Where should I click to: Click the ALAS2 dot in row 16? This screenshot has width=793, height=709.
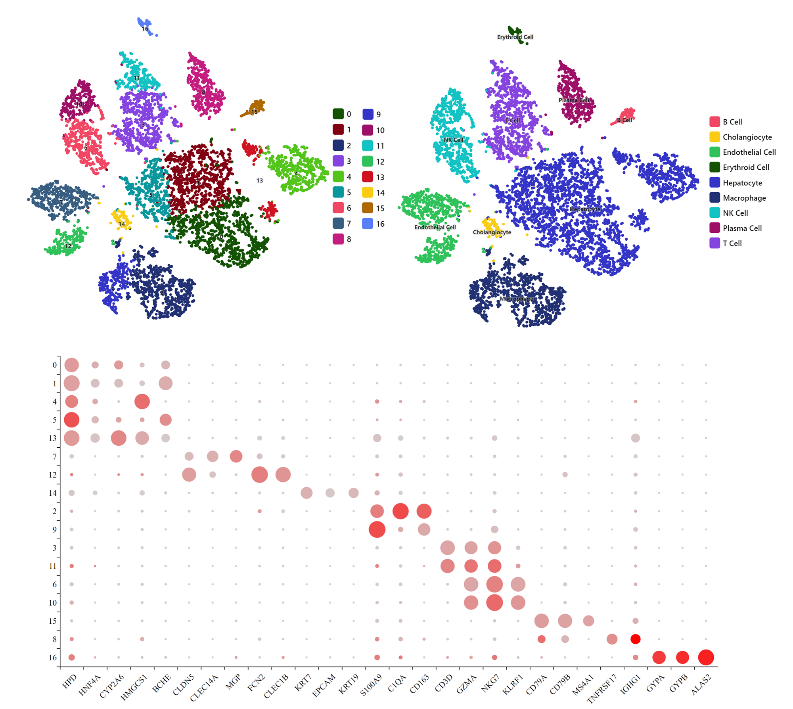706,657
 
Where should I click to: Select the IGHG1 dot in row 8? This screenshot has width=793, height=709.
635,639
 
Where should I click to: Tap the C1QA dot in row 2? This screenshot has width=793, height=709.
400,511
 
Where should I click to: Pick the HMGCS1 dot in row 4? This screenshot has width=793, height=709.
142,401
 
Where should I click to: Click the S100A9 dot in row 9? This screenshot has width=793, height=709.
377,529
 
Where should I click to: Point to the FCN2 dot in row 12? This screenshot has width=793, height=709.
259,474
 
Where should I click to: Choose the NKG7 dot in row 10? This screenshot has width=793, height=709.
494,602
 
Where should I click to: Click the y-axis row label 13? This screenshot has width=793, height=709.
52,438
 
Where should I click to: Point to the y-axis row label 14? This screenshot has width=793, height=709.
52,493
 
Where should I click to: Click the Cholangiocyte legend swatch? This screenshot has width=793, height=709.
714,137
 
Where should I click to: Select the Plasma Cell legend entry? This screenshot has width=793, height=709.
742,228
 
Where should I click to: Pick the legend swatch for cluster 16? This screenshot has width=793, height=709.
368,224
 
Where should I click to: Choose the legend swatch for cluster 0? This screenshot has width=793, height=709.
338,114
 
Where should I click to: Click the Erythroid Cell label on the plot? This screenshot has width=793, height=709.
515,37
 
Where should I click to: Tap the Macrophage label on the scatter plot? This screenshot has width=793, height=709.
516,299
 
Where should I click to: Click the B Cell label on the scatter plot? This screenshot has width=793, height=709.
624,120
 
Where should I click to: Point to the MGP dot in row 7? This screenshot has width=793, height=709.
236,456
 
